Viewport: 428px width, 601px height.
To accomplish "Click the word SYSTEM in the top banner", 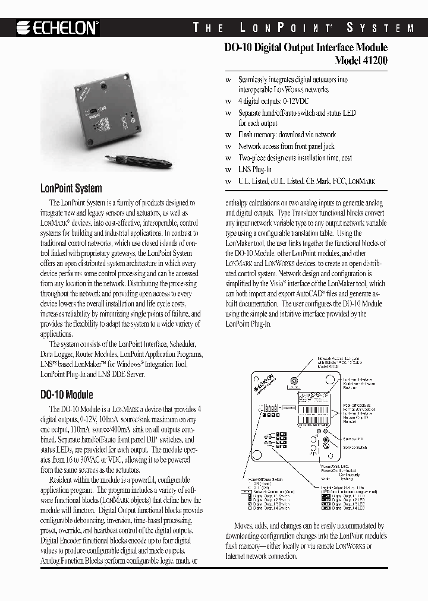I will point(380,28).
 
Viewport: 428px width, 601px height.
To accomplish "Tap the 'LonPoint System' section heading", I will point(71,188).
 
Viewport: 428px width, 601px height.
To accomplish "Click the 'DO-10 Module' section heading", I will point(67,394).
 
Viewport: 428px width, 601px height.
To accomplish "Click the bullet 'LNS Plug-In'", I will point(255,169).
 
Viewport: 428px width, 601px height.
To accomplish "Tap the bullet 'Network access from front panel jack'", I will point(286,146).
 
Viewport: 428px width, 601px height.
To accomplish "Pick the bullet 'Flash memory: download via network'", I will point(287,135).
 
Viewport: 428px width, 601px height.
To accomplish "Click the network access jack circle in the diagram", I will point(294,381).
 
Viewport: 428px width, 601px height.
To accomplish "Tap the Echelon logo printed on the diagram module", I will point(265,385).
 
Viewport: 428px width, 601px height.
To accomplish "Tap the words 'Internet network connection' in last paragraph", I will point(261,556).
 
